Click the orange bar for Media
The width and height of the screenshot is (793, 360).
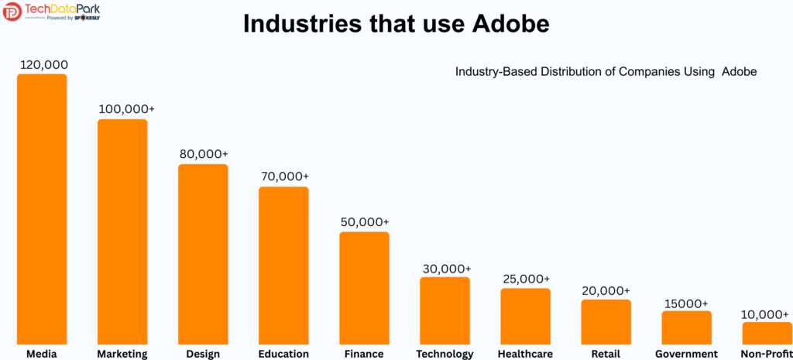click(42, 209)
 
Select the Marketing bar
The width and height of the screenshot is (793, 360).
click(122, 231)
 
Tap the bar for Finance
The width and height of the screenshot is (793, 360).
click(364, 288)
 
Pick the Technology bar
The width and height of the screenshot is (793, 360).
click(445, 310)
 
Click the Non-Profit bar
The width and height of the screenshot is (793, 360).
click(767, 333)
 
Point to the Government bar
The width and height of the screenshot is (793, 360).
click(686, 327)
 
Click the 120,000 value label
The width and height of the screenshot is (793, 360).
click(43, 64)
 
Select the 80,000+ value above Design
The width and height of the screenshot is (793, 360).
click(204, 154)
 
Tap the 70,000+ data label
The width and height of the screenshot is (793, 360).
click(284, 177)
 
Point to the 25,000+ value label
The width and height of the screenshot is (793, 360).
click(525, 279)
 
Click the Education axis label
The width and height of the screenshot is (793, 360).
click(283, 354)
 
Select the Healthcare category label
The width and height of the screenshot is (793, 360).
click(525, 354)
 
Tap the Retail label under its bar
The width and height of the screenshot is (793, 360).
click(606, 354)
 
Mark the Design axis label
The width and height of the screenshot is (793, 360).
click(203, 354)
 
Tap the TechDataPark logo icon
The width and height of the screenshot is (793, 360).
click(12, 12)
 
